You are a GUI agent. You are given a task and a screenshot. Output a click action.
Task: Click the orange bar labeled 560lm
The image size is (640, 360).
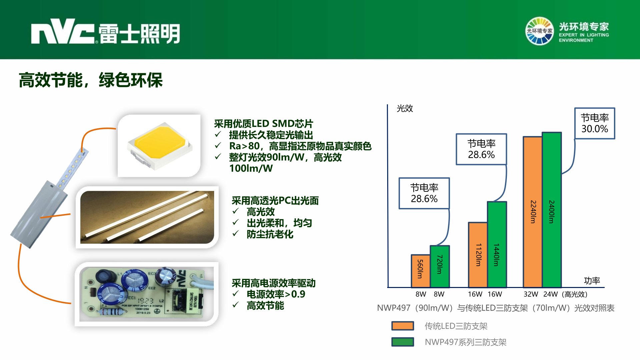(421, 271)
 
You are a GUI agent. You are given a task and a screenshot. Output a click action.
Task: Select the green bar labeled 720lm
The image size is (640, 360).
(440, 266)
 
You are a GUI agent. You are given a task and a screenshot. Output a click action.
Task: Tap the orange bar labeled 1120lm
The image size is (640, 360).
(478, 255)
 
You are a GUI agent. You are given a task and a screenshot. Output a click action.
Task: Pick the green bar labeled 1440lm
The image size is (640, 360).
(497, 244)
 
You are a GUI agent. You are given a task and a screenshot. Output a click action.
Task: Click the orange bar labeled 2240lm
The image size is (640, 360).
(533, 212)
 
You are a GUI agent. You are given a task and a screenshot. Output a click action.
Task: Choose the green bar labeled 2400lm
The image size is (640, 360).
(552, 210)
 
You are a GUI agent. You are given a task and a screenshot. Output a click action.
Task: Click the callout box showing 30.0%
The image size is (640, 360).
(595, 123)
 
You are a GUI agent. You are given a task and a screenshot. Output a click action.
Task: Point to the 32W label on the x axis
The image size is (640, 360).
(531, 294)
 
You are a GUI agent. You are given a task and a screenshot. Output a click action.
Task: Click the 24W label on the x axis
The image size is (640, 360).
(550, 294)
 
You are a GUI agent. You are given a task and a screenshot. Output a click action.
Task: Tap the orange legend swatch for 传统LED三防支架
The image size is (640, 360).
(403, 326)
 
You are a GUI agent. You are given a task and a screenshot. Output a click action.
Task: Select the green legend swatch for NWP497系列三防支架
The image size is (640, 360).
(403, 342)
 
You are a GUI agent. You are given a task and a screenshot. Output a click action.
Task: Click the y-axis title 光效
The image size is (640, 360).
(405, 108)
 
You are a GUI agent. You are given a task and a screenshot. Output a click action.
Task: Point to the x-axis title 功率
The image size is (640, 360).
(592, 281)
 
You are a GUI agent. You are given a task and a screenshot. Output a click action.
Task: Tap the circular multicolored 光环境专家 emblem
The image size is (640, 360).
(539, 31)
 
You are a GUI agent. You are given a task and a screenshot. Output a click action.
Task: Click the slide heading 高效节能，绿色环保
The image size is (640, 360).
(91, 80)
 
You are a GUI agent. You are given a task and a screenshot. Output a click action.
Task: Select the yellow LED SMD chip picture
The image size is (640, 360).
(159, 146)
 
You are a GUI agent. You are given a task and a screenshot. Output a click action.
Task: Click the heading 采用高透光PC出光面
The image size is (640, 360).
(275, 201)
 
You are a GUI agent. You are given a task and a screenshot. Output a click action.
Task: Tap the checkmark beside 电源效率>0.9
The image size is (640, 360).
(235, 294)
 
